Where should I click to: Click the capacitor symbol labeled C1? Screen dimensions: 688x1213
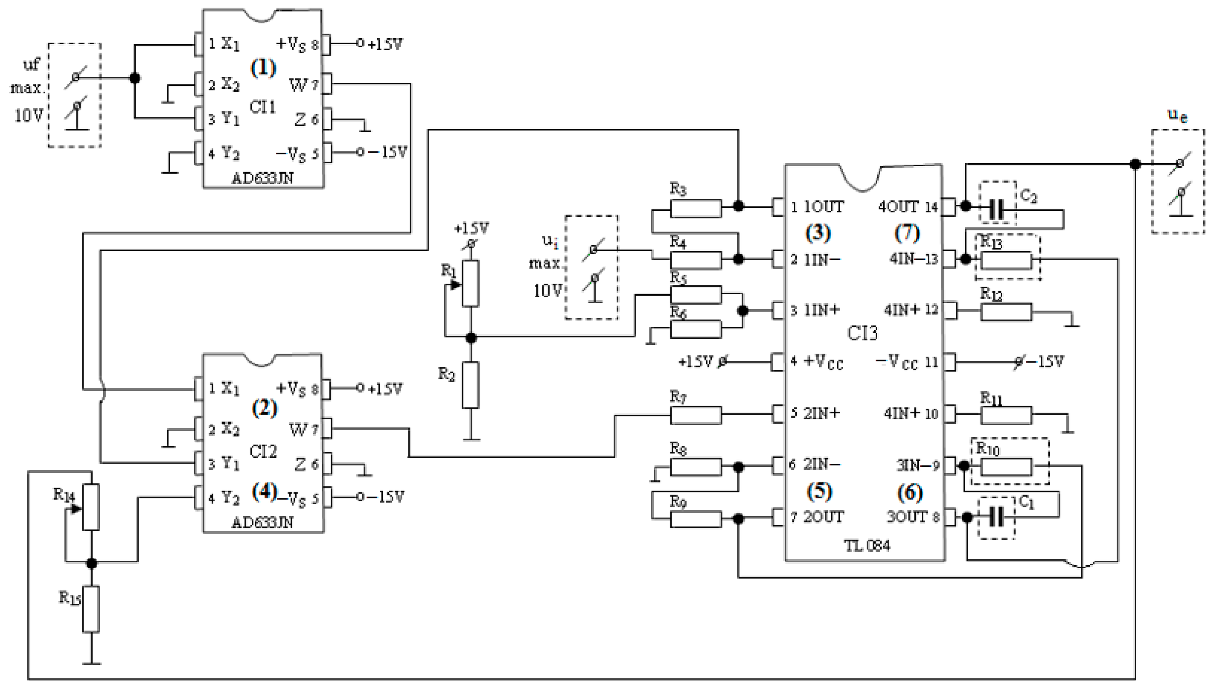pos(997,517)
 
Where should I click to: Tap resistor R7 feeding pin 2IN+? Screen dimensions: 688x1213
pos(695,415)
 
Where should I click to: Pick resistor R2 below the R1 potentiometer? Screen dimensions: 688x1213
pos(471,385)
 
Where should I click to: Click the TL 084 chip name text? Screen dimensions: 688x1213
pos(867,546)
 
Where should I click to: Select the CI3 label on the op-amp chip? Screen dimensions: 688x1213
pos(862,334)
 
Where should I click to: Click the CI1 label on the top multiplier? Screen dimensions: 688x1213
pos(262,107)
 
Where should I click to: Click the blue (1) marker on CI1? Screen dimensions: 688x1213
pos(263,68)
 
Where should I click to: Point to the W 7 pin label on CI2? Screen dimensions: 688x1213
pos(303,429)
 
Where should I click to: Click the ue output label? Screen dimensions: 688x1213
pos(1177,115)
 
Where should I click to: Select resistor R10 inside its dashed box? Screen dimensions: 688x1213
pos(1006,467)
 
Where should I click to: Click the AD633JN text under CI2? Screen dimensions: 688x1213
pos(262,522)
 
